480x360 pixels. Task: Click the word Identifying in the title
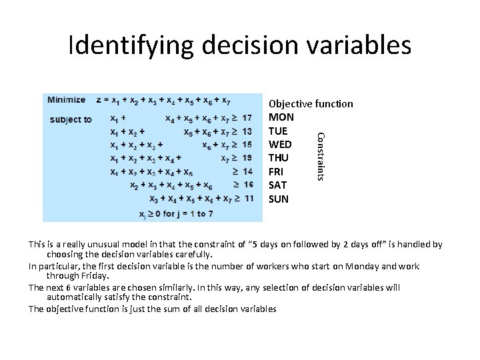pyautogui.click(x=130, y=45)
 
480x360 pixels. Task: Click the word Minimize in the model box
pyautogui.click(x=66, y=100)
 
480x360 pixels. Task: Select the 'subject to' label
pyautogui.click(x=70, y=119)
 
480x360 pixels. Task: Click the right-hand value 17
pyautogui.click(x=247, y=119)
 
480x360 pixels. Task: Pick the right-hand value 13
pyautogui.click(x=247, y=132)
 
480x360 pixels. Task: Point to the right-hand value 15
pyautogui.click(x=247, y=145)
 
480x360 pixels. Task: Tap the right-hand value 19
pyautogui.click(x=247, y=158)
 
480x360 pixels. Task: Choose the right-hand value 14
pyautogui.click(x=247, y=171)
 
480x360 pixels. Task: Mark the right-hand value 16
pyautogui.click(x=247, y=185)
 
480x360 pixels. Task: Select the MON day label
pyautogui.click(x=281, y=117)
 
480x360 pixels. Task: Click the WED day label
pyautogui.click(x=279, y=145)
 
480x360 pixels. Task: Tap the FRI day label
pyautogui.click(x=276, y=171)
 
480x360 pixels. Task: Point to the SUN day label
pyautogui.click(x=279, y=199)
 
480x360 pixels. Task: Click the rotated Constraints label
pyautogui.click(x=320, y=155)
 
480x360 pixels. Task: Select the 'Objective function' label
pyautogui.click(x=311, y=104)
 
